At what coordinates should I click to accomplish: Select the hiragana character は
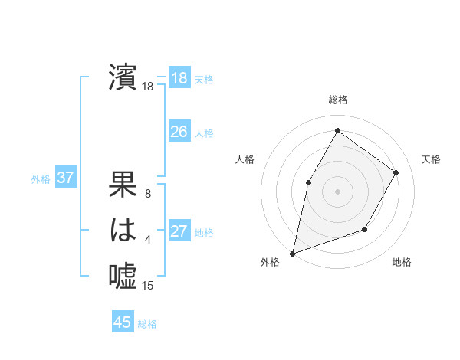tap(123, 230)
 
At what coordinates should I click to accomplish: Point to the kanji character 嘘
tap(123, 274)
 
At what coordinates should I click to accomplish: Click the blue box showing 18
tap(179, 78)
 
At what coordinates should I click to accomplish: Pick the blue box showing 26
tap(179, 132)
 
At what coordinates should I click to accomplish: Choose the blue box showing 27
tap(179, 231)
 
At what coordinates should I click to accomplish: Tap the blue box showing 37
tap(65, 178)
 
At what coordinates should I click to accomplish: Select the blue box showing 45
tap(122, 322)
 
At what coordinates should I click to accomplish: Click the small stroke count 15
tap(148, 286)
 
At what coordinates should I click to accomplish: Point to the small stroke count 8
tap(148, 194)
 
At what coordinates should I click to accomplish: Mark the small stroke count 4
tap(148, 241)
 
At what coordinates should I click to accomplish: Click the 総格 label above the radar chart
tap(337, 100)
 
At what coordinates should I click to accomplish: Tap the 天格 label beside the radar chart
tap(432, 159)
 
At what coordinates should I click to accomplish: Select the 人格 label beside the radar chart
tap(245, 159)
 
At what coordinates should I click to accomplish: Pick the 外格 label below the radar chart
tap(270, 262)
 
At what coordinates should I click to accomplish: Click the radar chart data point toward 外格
tap(293, 252)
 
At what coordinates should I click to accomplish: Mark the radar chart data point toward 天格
tap(396, 172)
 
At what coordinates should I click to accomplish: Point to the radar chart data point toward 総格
tap(337, 130)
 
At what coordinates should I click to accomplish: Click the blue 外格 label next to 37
tap(41, 179)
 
